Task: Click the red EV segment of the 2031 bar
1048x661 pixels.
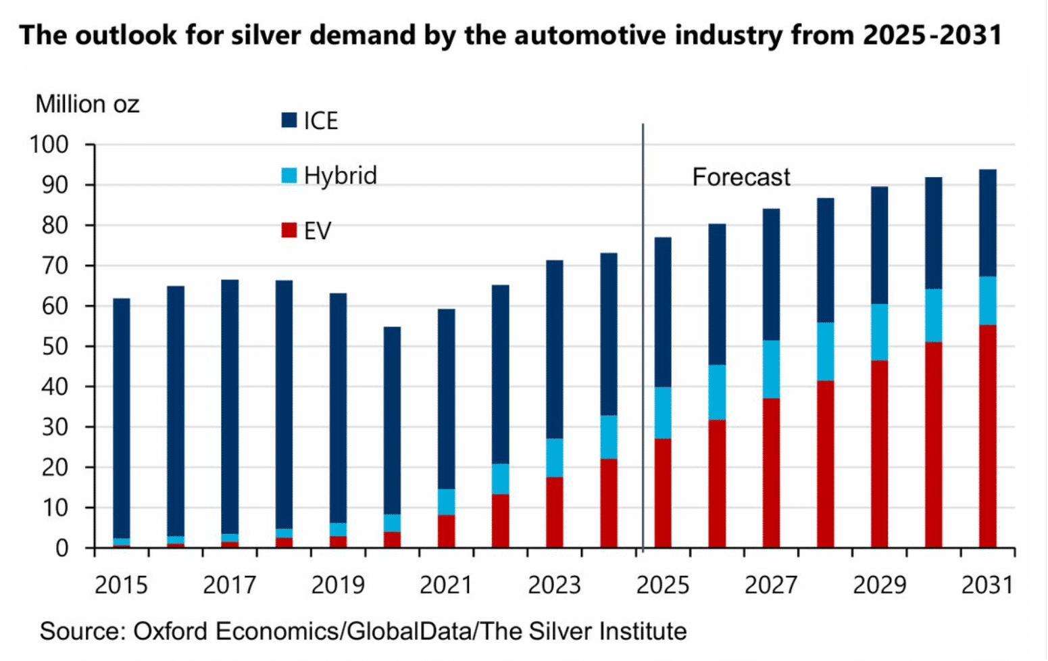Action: (x=988, y=436)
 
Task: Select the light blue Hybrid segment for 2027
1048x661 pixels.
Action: (x=772, y=369)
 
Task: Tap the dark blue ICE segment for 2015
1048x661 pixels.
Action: (x=122, y=418)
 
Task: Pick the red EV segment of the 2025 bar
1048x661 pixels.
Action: (x=663, y=493)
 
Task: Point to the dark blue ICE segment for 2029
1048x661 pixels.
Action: (x=880, y=245)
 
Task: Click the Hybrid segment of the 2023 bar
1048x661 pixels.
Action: (x=555, y=458)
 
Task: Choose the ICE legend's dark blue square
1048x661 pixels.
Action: (x=289, y=120)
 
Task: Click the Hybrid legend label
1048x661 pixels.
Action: (x=340, y=176)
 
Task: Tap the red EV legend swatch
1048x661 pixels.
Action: (x=289, y=230)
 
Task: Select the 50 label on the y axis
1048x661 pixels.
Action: (x=55, y=347)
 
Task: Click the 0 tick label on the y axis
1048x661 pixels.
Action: (x=62, y=548)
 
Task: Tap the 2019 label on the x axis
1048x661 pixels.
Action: (x=338, y=585)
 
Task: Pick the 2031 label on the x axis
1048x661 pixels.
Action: (x=987, y=585)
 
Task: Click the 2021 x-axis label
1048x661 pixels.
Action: (x=446, y=585)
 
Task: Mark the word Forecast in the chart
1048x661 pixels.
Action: (x=741, y=177)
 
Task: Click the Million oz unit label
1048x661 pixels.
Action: (x=87, y=104)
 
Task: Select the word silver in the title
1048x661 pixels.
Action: (x=266, y=34)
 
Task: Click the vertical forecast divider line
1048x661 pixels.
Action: (x=643, y=338)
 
